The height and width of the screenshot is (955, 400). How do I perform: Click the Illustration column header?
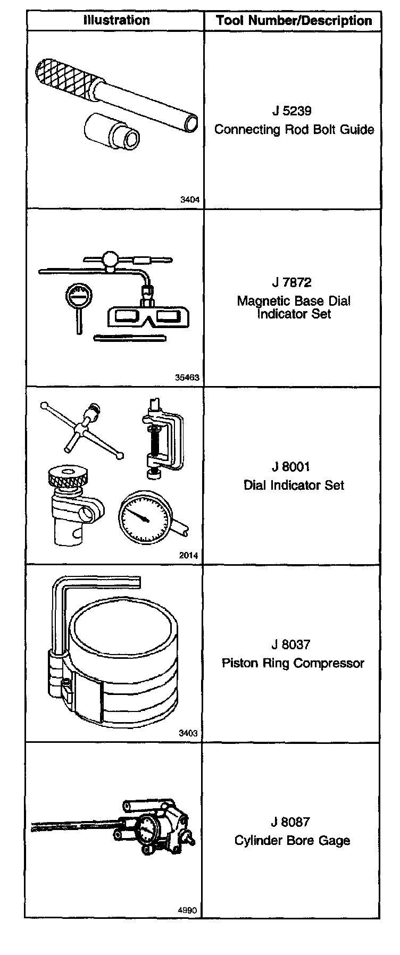click(x=116, y=21)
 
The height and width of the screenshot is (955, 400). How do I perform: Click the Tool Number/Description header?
click(x=294, y=21)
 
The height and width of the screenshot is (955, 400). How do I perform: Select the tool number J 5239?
click(x=291, y=112)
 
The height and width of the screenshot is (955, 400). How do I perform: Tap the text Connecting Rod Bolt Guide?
click(x=294, y=130)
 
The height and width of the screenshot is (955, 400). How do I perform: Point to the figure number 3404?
click(x=190, y=200)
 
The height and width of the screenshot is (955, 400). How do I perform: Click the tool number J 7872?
click(x=291, y=283)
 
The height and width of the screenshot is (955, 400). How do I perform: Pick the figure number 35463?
click(x=187, y=378)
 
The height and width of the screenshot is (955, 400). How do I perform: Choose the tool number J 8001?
click(x=291, y=467)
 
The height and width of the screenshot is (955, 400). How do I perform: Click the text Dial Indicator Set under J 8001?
click(x=294, y=485)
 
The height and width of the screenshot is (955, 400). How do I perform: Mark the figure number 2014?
click(x=189, y=556)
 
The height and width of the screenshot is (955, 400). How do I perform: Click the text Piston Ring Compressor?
click(x=293, y=663)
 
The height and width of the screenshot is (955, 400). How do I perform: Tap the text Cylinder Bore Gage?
click(x=292, y=841)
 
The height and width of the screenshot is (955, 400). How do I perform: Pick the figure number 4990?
click(x=187, y=910)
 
